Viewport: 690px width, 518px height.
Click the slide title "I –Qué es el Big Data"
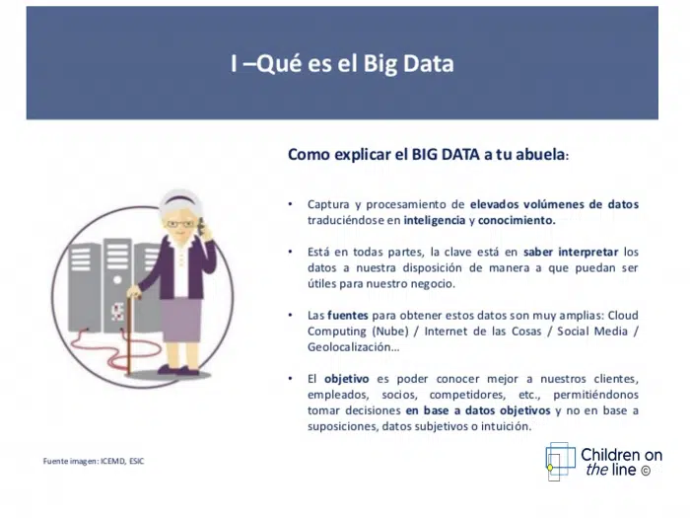(x=342, y=64)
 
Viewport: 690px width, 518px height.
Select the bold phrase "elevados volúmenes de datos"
(x=554, y=204)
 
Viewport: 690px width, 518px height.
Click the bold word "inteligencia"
(x=435, y=220)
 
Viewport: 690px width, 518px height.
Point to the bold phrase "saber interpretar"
(x=571, y=252)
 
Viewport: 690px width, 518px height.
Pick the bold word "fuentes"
(x=348, y=316)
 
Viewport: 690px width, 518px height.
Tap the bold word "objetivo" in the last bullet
(x=347, y=379)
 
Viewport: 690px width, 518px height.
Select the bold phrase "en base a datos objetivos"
(x=478, y=410)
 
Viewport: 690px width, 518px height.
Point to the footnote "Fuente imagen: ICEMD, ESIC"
(x=94, y=461)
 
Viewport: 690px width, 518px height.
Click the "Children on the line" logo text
(x=621, y=462)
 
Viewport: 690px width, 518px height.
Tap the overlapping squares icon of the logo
(x=560, y=462)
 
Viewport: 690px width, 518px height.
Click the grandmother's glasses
(x=180, y=224)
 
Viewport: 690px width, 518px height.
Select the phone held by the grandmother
(x=201, y=226)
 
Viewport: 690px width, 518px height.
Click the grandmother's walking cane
(x=129, y=335)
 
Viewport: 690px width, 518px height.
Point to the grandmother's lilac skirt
(x=180, y=321)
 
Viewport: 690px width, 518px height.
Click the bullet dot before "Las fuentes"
(x=290, y=315)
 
